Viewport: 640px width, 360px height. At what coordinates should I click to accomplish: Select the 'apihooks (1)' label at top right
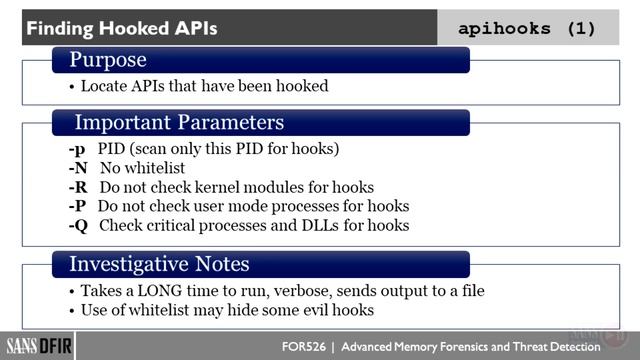pyautogui.click(x=526, y=28)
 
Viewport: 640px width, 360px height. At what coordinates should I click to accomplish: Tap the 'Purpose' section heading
pyautogui.click(x=108, y=61)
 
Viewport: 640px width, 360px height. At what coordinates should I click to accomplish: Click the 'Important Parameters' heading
pyautogui.click(x=179, y=123)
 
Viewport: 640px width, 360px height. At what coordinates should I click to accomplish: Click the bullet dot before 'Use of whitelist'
pyautogui.click(x=72, y=310)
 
